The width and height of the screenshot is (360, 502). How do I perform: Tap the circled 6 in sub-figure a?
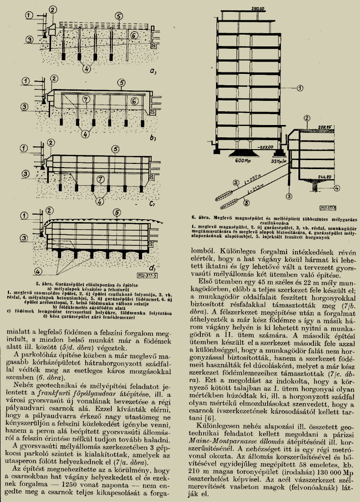coord(134,35)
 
